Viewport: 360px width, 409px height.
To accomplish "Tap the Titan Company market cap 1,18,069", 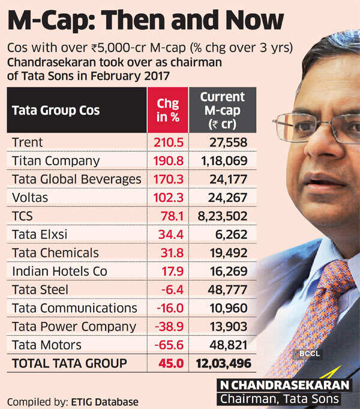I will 221,161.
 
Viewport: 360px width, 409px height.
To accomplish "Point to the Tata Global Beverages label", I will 76,179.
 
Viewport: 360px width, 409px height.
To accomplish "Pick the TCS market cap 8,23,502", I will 221,216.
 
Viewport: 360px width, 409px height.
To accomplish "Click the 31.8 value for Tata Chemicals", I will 171,253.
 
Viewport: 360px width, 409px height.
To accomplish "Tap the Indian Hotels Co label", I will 59,271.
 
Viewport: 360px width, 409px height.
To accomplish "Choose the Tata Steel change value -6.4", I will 171,289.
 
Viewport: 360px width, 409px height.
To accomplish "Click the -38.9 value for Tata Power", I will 169,327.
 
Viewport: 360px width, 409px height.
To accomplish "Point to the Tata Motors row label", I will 46,345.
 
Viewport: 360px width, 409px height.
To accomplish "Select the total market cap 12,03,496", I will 221,363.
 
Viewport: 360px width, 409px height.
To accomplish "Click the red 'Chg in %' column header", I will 167,110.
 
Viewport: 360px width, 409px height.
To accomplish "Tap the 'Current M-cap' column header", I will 222,110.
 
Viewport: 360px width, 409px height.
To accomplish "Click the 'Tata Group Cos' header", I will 56,111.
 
